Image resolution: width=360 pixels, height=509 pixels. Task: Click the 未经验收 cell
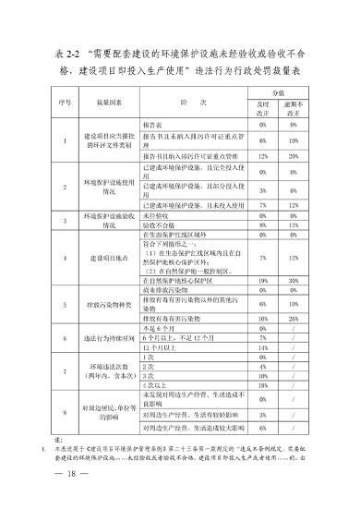[158, 212]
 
